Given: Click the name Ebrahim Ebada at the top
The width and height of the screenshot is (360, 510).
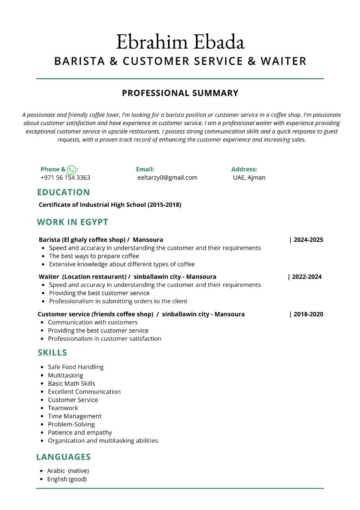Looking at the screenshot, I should (180, 42).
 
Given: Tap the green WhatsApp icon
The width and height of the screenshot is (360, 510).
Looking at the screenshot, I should (71, 170).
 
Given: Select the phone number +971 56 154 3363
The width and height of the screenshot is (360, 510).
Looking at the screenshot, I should (65, 178).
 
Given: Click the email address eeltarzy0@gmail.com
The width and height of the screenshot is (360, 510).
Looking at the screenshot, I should (167, 178).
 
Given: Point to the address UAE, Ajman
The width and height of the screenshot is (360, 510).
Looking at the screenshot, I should (249, 178).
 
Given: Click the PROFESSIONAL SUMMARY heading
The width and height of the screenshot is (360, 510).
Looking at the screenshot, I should (180, 93).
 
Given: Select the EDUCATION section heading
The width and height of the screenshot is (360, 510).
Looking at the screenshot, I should (64, 192).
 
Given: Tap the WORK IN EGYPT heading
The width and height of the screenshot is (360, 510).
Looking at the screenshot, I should (72, 222).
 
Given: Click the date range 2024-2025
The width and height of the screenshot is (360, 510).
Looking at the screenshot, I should (308, 240).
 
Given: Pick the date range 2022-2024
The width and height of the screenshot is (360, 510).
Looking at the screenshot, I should (306, 277).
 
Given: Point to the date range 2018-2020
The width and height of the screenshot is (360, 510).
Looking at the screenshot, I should (308, 314).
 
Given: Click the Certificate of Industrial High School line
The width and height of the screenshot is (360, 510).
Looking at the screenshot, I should (110, 205).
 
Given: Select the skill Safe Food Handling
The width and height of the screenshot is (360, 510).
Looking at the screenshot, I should (76, 367).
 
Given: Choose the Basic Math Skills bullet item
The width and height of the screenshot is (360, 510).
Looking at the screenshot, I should (72, 384).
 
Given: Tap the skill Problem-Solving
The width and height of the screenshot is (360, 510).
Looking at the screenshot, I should (71, 424).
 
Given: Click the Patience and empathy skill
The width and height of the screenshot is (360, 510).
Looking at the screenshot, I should (80, 433).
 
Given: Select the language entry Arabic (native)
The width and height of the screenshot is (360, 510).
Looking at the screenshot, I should (68, 471).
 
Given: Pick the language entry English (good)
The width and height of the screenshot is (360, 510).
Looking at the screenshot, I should (67, 479).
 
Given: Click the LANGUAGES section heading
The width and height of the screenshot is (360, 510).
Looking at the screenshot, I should (64, 457).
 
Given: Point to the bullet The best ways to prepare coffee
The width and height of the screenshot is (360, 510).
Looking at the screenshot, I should (94, 256).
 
